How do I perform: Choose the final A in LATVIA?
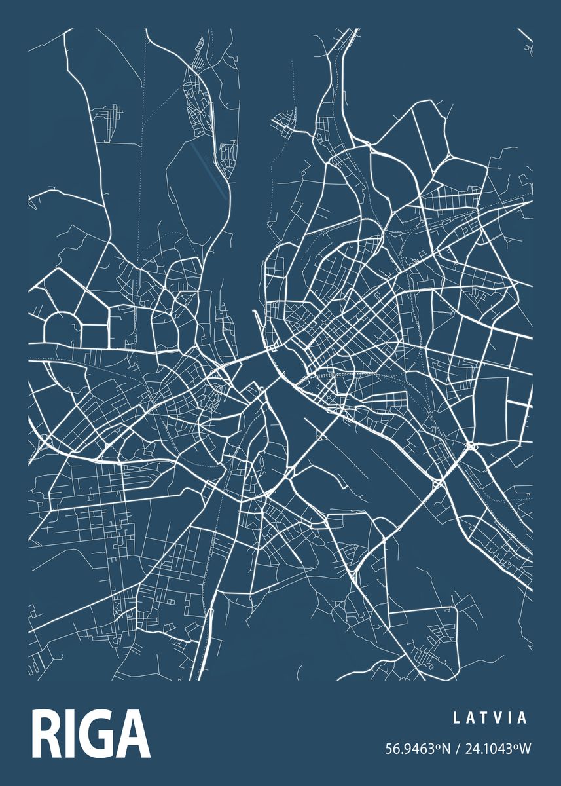coord(522,718)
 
